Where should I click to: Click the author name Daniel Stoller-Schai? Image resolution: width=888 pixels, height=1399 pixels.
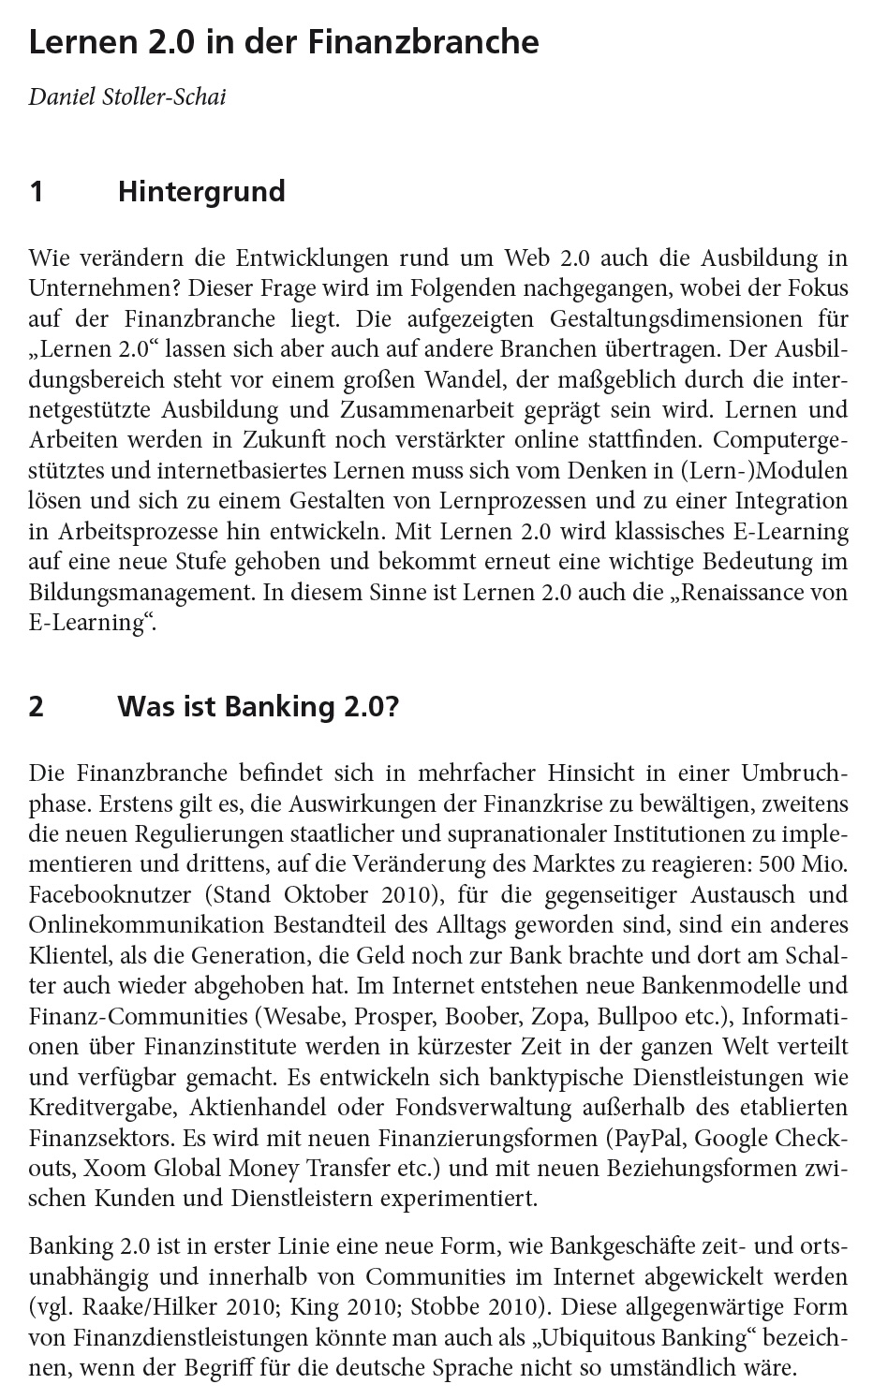pyautogui.click(x=127, y=96)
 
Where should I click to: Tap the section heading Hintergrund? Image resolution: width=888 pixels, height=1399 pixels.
pyautogui.click(x=201, y=191)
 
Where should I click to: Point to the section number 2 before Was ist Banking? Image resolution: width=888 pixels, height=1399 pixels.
pyautogui.click(x=37, y=706)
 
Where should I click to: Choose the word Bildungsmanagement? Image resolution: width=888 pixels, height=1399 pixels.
pyautogui.click(x=141, y=592)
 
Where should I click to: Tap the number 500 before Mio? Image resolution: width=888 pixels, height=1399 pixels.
pyautogui.click(x=779, y=864)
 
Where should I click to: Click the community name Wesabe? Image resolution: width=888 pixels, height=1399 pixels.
pyautogui.click(x=299, y=1016)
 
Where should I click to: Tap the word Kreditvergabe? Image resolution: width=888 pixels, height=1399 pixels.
pyautogui.click(x=102, y=1107)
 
